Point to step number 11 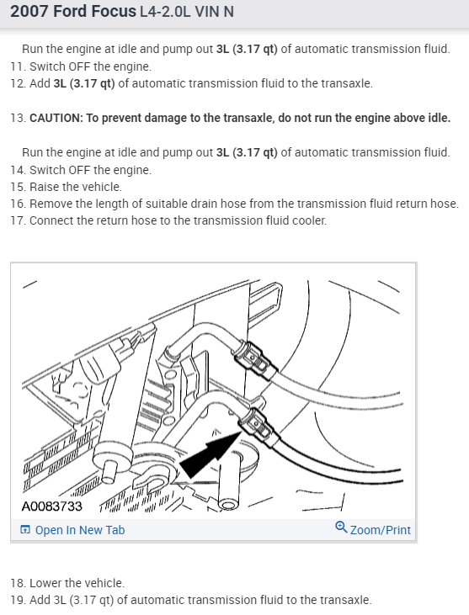point(17,66)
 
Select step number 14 point(17,170)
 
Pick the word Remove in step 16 point(53,204)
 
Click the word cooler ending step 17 point(305,220)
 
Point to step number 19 point(17,600)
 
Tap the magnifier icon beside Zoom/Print point(341,529)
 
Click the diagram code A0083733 point(52,507)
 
